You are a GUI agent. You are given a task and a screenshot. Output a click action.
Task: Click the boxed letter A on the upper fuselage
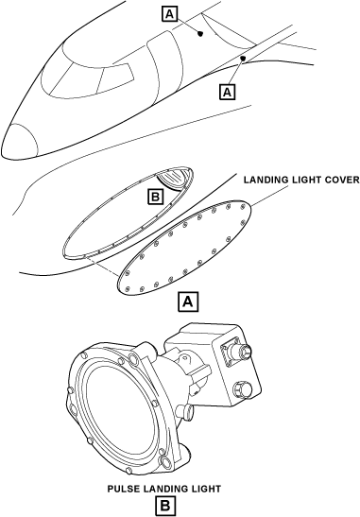click(x=170, y=14)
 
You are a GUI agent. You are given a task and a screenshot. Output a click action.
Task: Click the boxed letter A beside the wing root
click(x=228, y=92)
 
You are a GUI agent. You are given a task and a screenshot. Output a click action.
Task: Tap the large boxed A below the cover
click(x=188, y=302)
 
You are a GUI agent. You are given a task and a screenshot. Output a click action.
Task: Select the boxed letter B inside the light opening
click(x=155, y=197)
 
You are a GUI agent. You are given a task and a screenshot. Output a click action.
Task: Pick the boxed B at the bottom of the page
click(x=165, y=506)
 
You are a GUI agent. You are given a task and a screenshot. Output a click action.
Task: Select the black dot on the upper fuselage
click(x=200, y=33)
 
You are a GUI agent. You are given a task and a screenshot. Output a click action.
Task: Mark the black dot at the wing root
click(x=243, y=59)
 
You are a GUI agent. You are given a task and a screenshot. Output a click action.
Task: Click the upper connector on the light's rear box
click(x=237, y=352)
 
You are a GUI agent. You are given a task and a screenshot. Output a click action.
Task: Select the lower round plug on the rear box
click(x=243, y=389)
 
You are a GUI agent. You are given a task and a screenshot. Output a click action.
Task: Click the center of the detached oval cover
click(x=184, y=248)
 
